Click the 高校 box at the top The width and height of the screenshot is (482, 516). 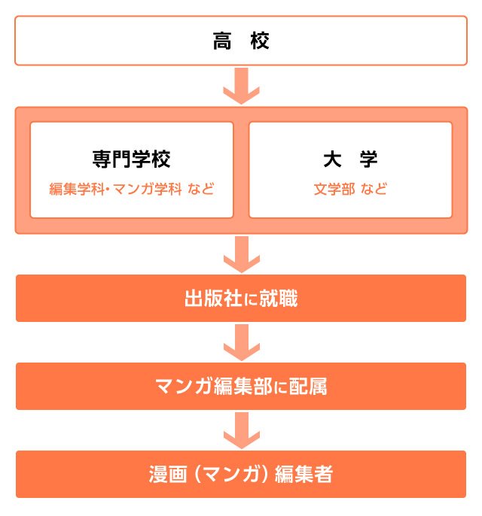tap(241, 41)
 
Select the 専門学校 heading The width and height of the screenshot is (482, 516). tap(131, 159)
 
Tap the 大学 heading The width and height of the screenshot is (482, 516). tap(350, 159)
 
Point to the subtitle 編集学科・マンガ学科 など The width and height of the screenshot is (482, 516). tap(132, 190)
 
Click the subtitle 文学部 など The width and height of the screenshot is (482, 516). tap(350, 190)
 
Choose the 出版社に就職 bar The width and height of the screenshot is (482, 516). tap(241, 298)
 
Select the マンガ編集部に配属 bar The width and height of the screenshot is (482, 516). tap(241, 386)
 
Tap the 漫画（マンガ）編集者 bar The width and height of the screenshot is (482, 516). tap(241, 474)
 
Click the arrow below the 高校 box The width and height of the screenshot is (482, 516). tap(242, 87)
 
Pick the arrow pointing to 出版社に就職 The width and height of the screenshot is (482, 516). tap(242, 254)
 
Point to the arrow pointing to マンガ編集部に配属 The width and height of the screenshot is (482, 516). tap(242, 342)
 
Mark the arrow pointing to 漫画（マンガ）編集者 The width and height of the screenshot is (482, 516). tap(242, 430)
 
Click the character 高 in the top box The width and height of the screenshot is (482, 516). tap(222, 41)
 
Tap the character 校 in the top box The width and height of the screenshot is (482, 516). tap(260, 41)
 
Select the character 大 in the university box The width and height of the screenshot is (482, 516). tap(332, 159)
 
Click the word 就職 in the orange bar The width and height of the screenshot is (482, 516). tap(279, 299)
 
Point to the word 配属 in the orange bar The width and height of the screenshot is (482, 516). tap(308, 387)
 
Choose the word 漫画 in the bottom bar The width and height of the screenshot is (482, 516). tap(168, 474)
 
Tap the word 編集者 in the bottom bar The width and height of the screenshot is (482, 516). tap(304, 474)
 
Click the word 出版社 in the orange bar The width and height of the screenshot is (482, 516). tap(213, 299)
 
